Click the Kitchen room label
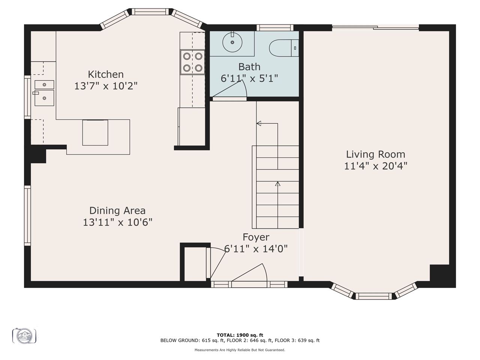pos(106,74)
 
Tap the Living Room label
pos(375,154)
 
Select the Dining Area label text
pos(117,211)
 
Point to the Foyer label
pos(256,237)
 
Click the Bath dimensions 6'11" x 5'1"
pos(249,78)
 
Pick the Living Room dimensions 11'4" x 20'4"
pos(376,166)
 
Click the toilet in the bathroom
pos(283,48)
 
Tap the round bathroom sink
pos(232,42)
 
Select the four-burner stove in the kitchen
pos(192,62)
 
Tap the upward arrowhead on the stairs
pos(277,184)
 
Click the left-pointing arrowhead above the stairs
pos(259,123)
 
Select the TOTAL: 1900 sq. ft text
pos(240,335)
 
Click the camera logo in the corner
pos(24,336)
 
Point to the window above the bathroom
pos(275,28)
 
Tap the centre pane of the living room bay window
pos(374,296)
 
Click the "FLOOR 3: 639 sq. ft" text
pos(297,340)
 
